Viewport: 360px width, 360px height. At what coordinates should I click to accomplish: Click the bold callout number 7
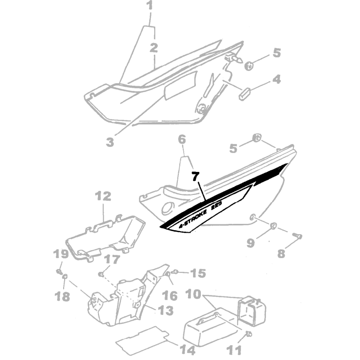(x=195, y=176)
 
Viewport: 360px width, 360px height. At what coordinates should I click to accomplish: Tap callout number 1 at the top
(x=150, y=5)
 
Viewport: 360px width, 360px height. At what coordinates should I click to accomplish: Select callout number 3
(x=110, y=142)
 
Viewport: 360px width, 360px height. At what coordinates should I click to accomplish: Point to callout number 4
(x=277, y=79)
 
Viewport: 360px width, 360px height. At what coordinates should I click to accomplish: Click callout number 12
(x=103, y=196)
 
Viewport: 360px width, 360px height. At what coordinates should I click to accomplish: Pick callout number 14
(x=188, y=350)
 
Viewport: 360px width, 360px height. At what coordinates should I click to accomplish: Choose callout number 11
(x=235, y=350)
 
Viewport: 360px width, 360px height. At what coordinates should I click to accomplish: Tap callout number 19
(x=61, y=254)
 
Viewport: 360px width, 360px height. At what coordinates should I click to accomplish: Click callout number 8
(x=281, y=254)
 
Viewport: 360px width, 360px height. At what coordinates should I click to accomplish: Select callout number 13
(x=166, y=311)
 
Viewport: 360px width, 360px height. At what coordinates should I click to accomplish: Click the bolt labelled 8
(x=297, y=236)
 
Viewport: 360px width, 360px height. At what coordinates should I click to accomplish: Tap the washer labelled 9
(x=273, y=226)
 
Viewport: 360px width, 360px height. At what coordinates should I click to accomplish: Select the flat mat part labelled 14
(x=143, y=340)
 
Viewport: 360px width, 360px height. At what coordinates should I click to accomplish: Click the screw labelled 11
(x=249, y=334)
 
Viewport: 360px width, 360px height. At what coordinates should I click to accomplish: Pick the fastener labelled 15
(x=175, y=272)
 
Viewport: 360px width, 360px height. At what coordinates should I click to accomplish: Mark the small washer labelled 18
(x=65, y=276)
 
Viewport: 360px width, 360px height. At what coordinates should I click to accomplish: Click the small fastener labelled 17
(x=101, y=274)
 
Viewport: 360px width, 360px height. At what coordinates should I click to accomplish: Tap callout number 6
(x=182, y=140)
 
